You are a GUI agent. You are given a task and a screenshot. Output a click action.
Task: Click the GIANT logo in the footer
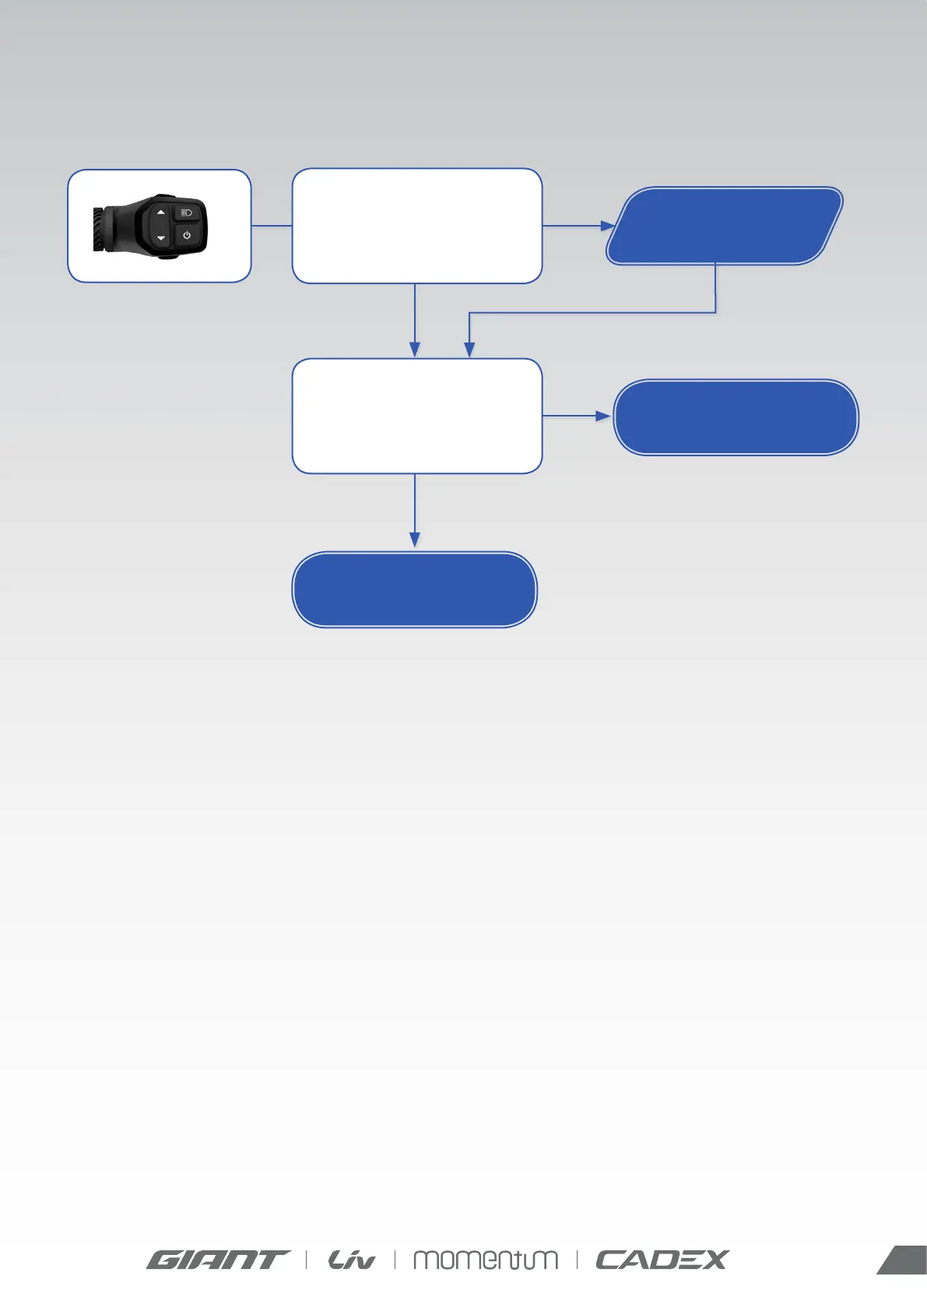pos(217,1260)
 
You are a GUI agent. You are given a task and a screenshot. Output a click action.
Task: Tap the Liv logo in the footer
pos(351,1260)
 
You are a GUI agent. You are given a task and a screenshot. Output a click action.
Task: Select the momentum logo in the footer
pos(485,1260)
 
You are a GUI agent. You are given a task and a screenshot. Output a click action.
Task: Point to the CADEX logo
pos(662,1260)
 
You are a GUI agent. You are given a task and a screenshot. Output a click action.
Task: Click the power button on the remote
pos(187,235)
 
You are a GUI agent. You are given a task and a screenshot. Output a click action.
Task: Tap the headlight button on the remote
pos(187,213)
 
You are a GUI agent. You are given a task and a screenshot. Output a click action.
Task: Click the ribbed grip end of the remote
pos(99,229)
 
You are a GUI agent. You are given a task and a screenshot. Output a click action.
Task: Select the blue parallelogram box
pos(725,226)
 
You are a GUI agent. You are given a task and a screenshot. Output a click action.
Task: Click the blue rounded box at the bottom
pos(414,589)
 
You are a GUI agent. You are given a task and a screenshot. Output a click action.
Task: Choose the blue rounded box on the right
pos(736,417)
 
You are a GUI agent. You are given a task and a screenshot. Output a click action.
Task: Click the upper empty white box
pos(416,226)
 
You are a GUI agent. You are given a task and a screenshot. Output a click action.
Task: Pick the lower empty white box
pos(416,416)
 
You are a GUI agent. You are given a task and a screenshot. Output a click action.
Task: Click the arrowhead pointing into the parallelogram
pos(608,226)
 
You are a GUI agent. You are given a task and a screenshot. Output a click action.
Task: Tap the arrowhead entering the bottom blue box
pos(415,540)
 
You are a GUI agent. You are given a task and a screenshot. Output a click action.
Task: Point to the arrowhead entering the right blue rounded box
pos(602,416)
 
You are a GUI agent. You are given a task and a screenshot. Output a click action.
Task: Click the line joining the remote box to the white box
pos(271,226)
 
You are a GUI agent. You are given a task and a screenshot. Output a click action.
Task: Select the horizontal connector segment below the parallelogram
pos(592,313)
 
